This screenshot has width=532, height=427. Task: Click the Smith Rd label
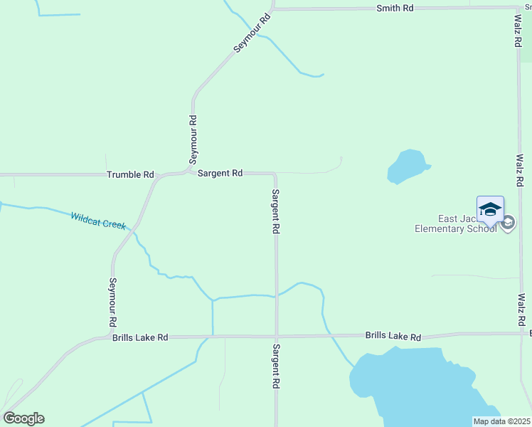395,8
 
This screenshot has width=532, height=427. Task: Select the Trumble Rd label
130,174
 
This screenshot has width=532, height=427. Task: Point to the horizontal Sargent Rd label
220,173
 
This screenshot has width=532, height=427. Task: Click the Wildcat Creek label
98,220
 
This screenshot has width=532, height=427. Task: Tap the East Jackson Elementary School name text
456,223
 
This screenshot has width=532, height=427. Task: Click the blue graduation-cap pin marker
490,209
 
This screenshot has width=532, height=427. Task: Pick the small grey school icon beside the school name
508,223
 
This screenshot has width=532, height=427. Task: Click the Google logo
23,418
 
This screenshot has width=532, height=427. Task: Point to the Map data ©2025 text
501,421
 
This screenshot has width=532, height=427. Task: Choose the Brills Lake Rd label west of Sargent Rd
140,338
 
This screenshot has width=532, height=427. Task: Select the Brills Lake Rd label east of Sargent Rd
393,336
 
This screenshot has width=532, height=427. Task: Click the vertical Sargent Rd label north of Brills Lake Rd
276,212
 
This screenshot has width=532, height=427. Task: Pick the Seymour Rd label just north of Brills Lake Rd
112,302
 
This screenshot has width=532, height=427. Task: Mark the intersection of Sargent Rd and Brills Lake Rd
277,337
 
